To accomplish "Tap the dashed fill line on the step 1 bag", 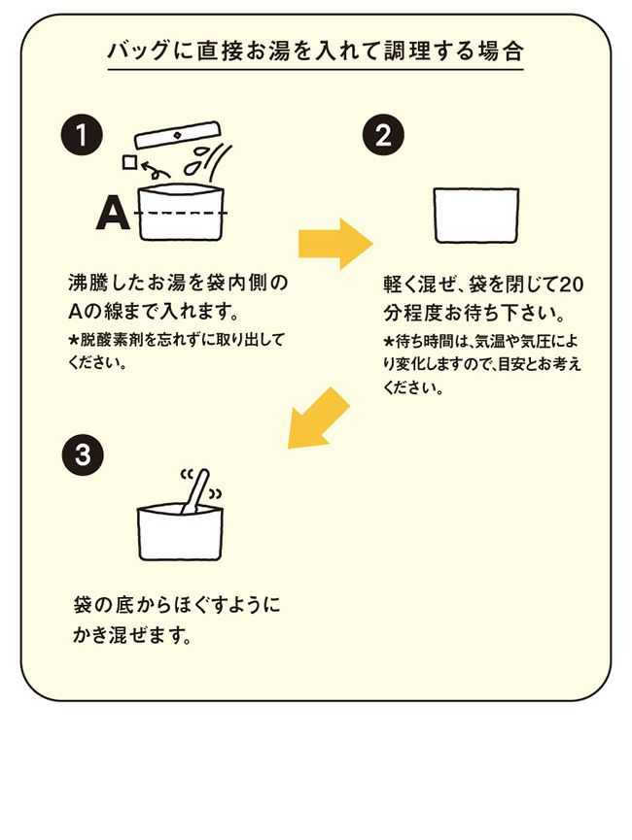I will (185, 214).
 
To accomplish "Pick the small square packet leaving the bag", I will (128, 160).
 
